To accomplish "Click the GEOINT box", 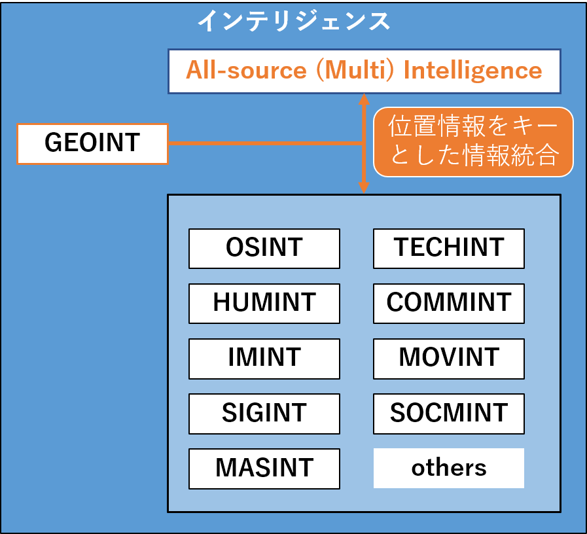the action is (x=92, y=144).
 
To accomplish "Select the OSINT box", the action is (x=264, y=249).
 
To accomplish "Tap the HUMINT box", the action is (x=264, y=304).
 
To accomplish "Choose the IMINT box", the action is (x=264, y=359).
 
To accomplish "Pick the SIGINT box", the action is (x=264, y=414).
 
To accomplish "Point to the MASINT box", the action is (x=264, y=469).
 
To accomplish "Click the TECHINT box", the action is (x=449, y=249).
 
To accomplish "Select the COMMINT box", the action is (x=449, y=304).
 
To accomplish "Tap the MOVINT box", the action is (x=449, y=359).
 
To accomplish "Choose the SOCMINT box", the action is (x=449, y=414).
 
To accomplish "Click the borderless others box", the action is (x=449, y=468).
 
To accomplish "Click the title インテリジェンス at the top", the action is (x=294, y=21).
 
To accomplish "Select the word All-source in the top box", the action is (x=246, y=70).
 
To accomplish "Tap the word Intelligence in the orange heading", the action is (x=473, y=71).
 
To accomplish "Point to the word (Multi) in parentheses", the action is (x=355, y=71).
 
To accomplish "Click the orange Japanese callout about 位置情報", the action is (x=473, y=142).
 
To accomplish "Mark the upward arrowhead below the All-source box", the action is (x=364, y=99).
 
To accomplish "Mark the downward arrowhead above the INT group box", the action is (x=364, y=188).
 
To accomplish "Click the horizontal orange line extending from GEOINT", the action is (x=266, y=143).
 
